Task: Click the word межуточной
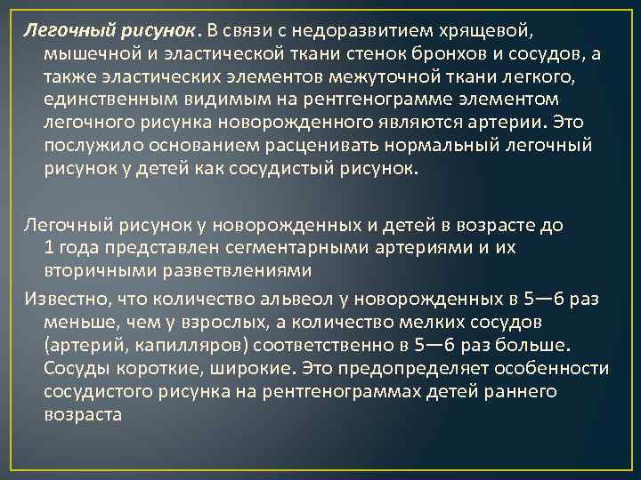coord(351,77)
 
